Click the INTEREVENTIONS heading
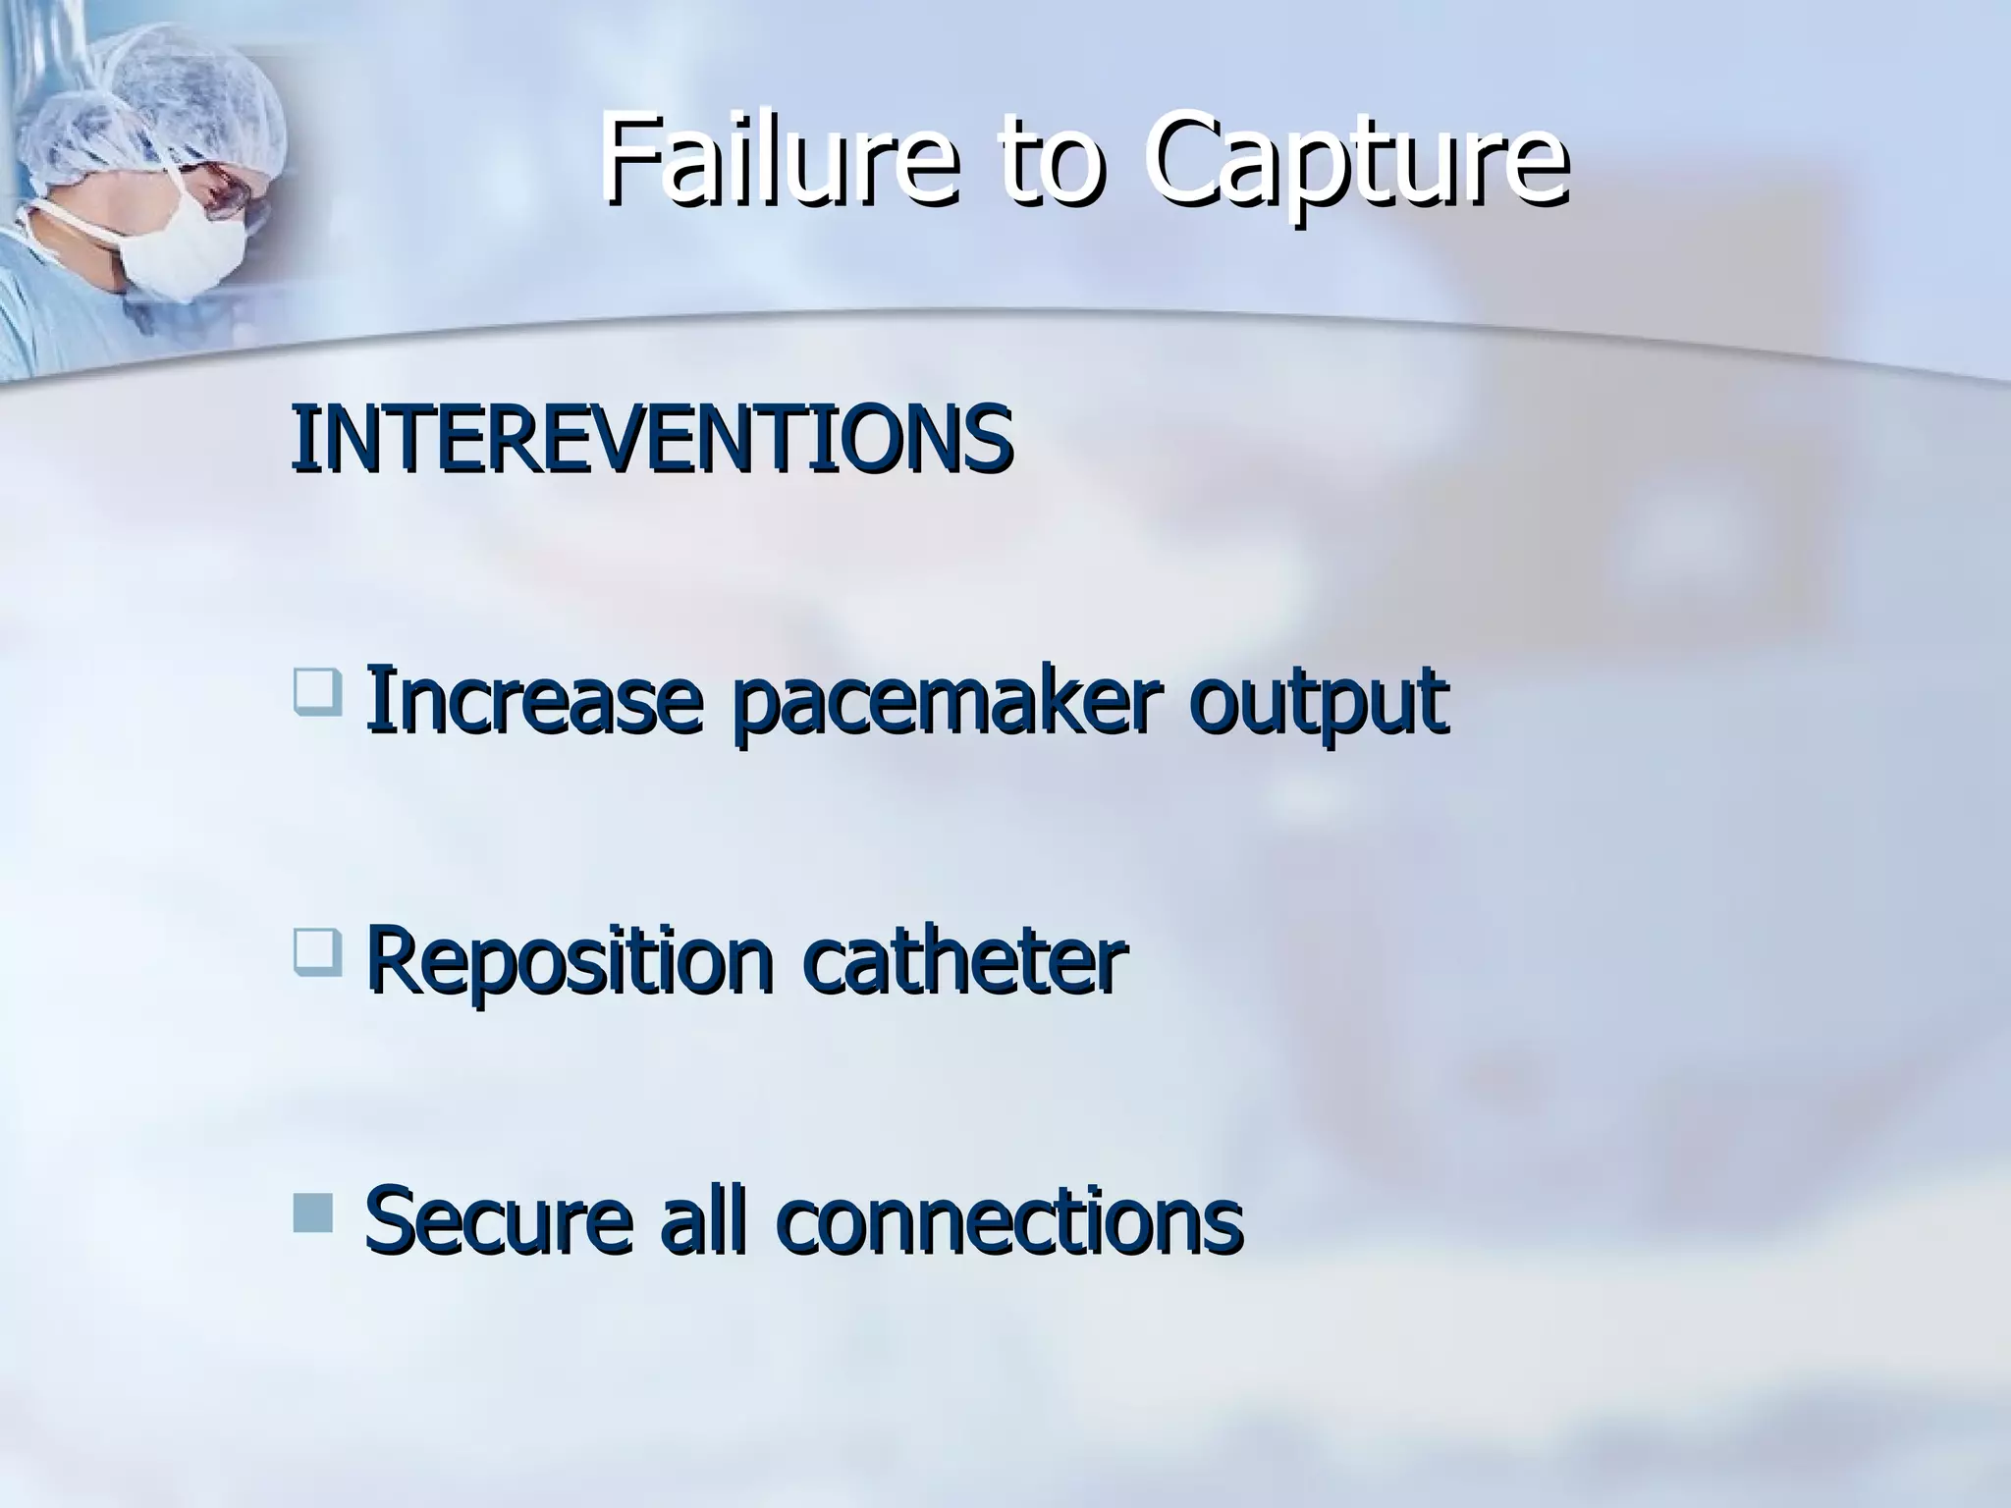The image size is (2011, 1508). pyautogui.click(x=651, y=437)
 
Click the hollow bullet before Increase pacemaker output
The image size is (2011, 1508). pyautogui.click(x=317, y=690)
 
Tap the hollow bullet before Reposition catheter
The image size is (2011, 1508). pyautogui.click(x=317, y=952)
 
